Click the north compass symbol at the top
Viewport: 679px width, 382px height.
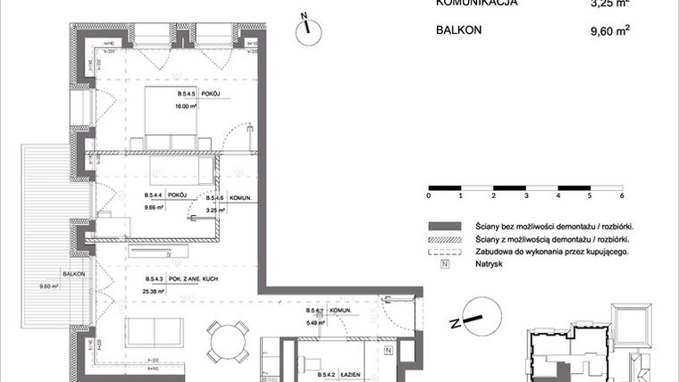(x=306, y=26)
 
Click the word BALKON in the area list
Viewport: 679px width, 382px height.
(x=461, y=29)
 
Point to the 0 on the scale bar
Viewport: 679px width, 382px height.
(x=429, y=195)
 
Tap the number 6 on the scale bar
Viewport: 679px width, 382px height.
(x=621, y=195)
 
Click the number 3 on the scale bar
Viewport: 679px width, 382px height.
(x=525, y=195)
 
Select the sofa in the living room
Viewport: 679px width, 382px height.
(x=155, y=334)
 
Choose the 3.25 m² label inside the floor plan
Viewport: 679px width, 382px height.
(x=215, y=210)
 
